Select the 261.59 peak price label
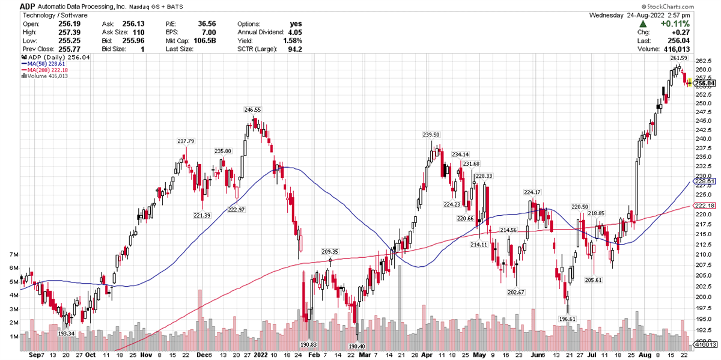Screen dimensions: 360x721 click(678, 58)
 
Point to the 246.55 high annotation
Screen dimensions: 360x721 click(252, 110)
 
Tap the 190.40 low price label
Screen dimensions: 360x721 click(356, 346)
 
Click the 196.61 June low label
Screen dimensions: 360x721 click(567, 319)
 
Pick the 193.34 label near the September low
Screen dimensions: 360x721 click(66, 334)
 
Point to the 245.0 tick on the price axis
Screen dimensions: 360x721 click(702, 120)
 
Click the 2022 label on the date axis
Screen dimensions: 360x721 click(261, 355)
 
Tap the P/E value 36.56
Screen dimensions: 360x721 click(207, 23)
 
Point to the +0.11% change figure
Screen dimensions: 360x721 click(675, 23)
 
